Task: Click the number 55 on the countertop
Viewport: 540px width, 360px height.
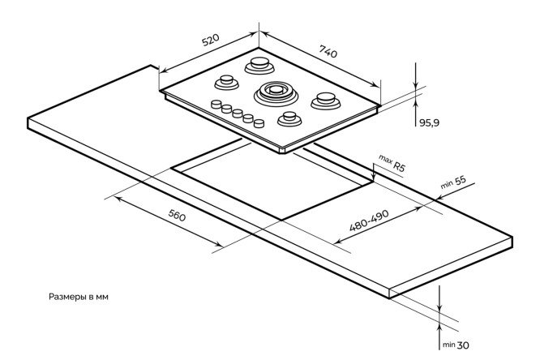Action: [x=459, y=182]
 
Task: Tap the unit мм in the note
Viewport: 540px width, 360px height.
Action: [x=101, y=297]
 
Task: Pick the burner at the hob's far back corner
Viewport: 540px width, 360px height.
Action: [x=260, y=62]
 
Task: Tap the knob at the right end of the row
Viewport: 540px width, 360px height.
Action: [x=259, y=123]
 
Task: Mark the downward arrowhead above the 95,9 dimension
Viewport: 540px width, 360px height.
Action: [x=415, y=88]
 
